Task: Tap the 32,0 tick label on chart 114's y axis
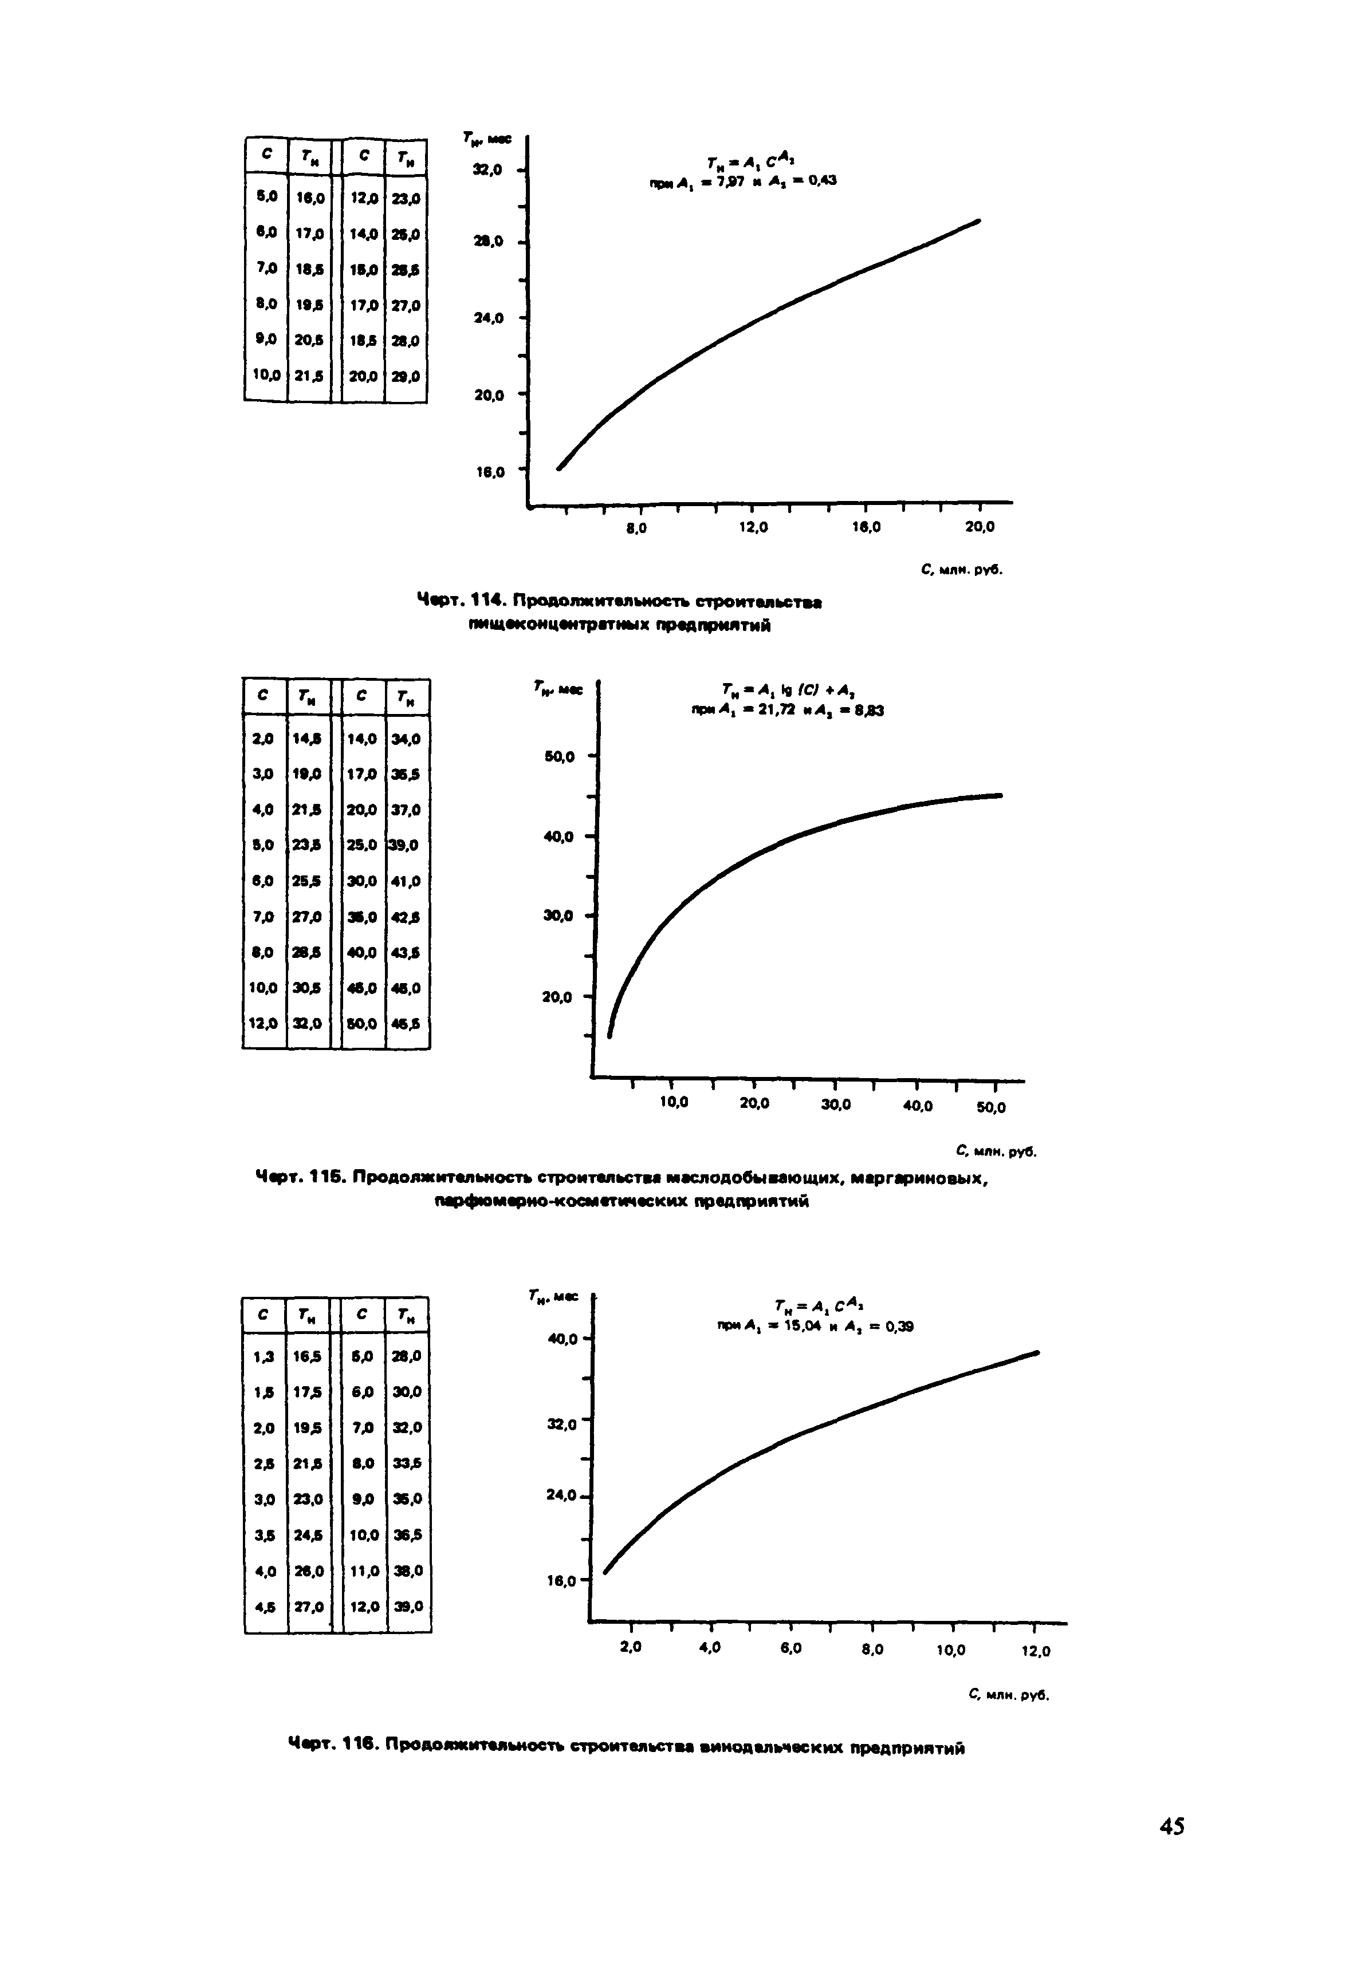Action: point(487,171)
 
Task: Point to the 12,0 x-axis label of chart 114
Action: point(753,527)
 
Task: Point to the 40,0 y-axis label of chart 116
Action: point(563,1340)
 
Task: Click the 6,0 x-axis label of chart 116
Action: point(790,1648)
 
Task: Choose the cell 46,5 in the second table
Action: point(407,1023)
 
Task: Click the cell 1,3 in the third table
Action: point(265,1356)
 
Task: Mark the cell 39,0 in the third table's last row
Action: point(408,1606)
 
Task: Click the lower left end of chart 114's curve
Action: point(558,467)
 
